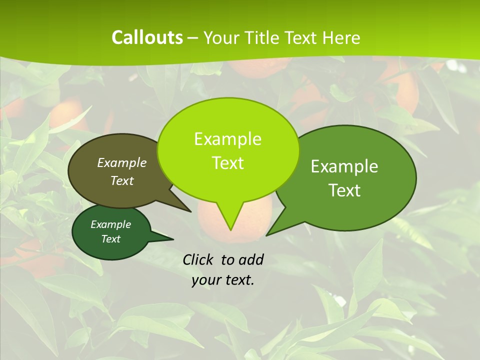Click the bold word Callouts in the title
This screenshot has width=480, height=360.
coord(147,37)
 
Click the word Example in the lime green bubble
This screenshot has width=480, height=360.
coord(227,139)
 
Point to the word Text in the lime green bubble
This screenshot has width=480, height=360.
coord(227,163)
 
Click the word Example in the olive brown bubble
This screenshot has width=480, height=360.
coord(122,162)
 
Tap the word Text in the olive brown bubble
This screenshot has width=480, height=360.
coord(122,180)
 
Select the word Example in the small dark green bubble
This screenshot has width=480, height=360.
coord(110,224)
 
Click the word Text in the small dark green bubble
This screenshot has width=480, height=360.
coord(110,239)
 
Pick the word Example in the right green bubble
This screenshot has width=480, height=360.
coord(344,166)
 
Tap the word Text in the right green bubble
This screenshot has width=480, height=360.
coord(344,190)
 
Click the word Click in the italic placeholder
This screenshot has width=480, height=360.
coord(198,259)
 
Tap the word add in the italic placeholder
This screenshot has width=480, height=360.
coord(251,259)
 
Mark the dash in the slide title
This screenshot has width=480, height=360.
coord(193,38)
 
